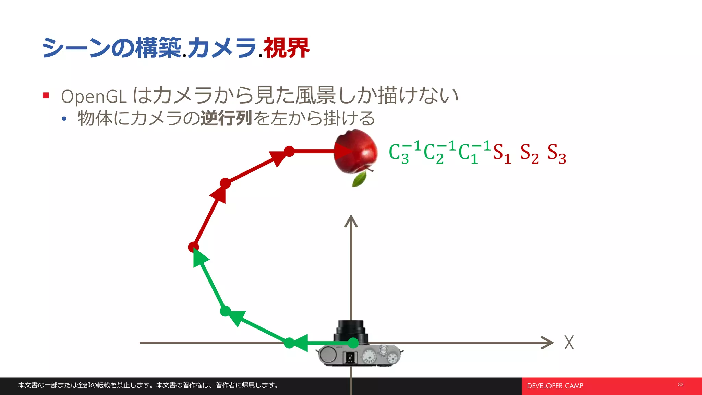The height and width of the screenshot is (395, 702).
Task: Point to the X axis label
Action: point(569,343)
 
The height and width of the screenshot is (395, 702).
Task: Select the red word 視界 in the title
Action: point(286,48)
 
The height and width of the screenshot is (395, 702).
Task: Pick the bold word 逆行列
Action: point(226,118)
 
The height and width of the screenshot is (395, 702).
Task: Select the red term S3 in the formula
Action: point(556,153)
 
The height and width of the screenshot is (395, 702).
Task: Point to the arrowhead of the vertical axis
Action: point(351,220)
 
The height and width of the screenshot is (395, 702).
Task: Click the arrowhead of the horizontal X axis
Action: point(548,343)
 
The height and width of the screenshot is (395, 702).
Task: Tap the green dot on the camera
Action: point(353,343)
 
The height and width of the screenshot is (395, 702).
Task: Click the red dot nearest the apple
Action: point(289,151)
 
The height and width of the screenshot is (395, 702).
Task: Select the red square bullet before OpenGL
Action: point(46,95)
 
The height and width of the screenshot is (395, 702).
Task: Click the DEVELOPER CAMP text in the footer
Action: point(555,386)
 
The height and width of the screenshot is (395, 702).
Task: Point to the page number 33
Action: point(680,384)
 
